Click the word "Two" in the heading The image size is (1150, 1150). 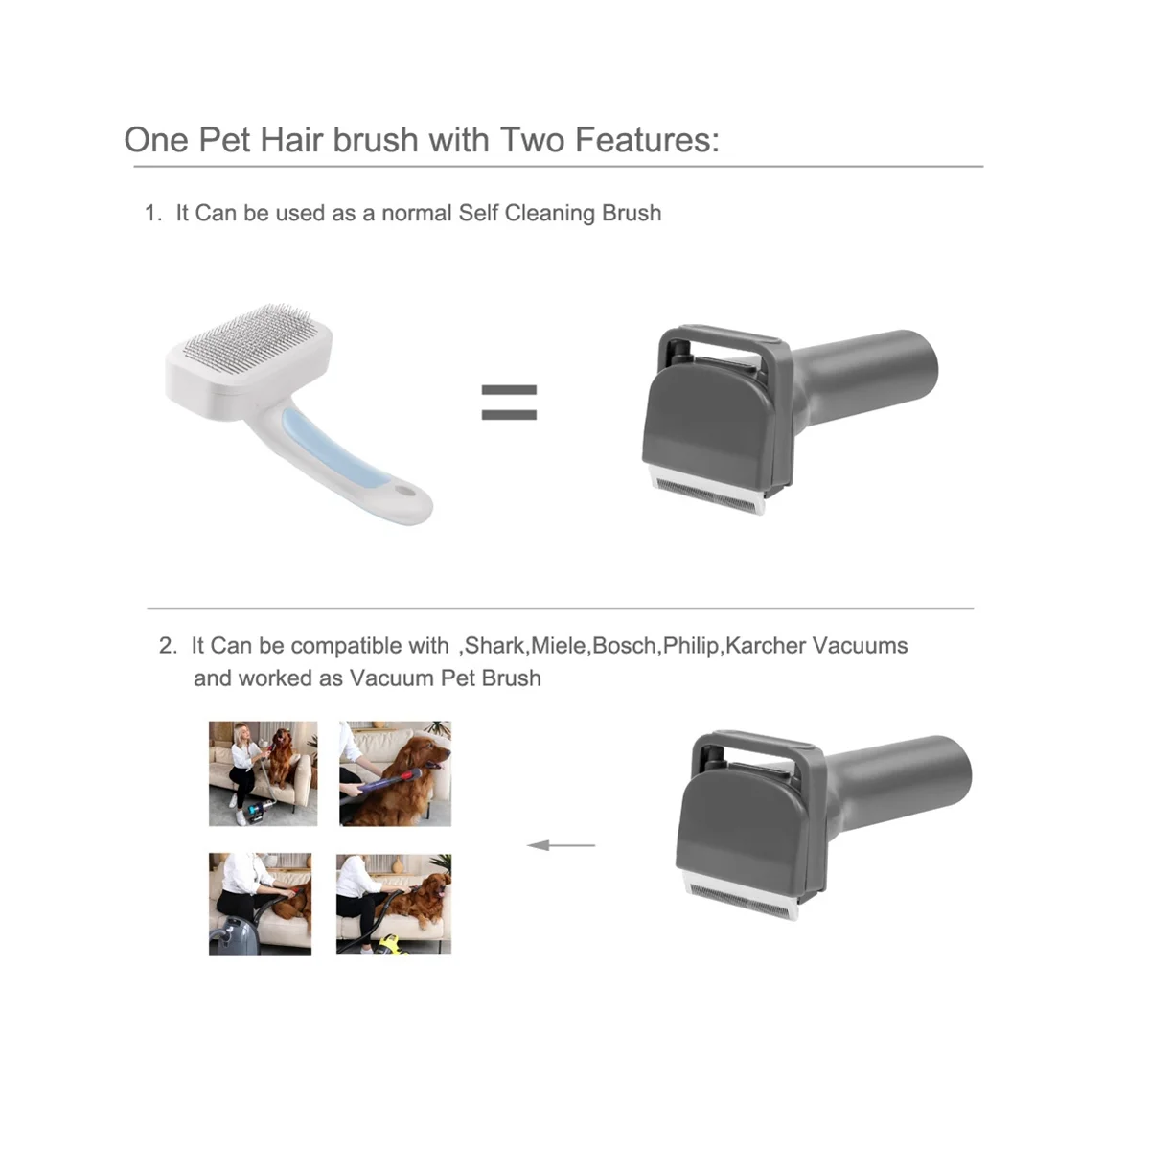pos(532,140)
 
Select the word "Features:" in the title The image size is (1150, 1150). pos(647,140)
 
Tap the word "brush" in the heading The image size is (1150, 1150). pos(376,140)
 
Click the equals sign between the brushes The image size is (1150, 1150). pos(509,402)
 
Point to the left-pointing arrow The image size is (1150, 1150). pos(561,845)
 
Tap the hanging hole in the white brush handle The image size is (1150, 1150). pos(405,492)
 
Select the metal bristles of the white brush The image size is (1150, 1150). pos(251,336)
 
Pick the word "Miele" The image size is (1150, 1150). pos(559,646)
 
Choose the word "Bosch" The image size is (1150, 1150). pos(624,646)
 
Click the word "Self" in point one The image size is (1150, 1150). pos(478,213)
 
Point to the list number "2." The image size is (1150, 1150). pos(169,646)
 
